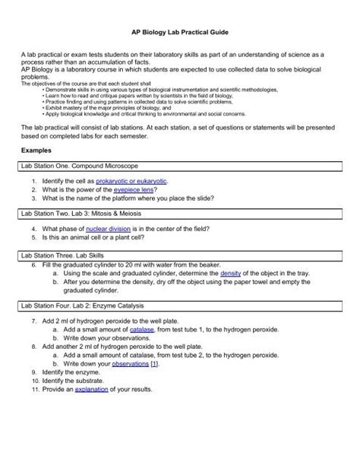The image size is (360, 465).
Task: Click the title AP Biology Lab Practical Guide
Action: [x=179, y=34]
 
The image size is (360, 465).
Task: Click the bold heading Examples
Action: [x=38, y=172]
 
